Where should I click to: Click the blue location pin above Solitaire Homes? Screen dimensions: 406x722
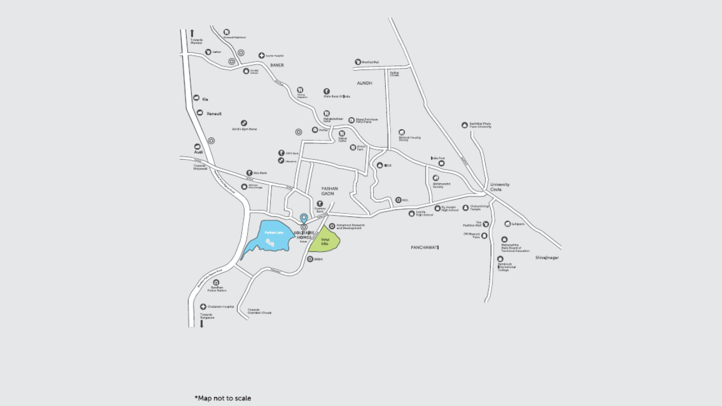[x=303, y=218]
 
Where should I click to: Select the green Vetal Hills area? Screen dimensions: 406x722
[x=324, y=241]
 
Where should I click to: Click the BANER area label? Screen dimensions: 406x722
[x=276, y=65]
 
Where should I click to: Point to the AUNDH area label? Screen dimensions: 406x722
[x=364, y=83]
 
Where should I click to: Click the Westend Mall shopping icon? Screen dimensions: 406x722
[x=358, y=62]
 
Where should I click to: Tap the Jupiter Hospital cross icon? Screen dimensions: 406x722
[x=262, y=55]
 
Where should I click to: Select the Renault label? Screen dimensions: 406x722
[x=214, y=114]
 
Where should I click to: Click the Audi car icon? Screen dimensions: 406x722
[x=197, y=147]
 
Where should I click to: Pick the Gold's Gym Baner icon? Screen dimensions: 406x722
[x=244, y=122]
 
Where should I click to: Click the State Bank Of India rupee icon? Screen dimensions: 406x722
[x=326, y=91]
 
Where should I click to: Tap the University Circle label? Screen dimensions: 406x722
[x=500, y=187]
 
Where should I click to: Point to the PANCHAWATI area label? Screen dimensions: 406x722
[x=425, y=248]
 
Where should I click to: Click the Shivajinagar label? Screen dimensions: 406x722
[x=547, y=258]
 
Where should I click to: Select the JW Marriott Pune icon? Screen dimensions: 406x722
[x=485, y=235]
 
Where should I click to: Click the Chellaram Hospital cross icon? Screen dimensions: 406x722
[x=203, y=307]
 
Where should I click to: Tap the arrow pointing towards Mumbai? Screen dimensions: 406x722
[x=192, y=33]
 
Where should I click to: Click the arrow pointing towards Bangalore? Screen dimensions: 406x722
[x=201, y=324]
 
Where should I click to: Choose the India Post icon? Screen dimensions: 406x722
[x=441, y=163]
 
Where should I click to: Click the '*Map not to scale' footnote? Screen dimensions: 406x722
[x=223, y=398]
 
